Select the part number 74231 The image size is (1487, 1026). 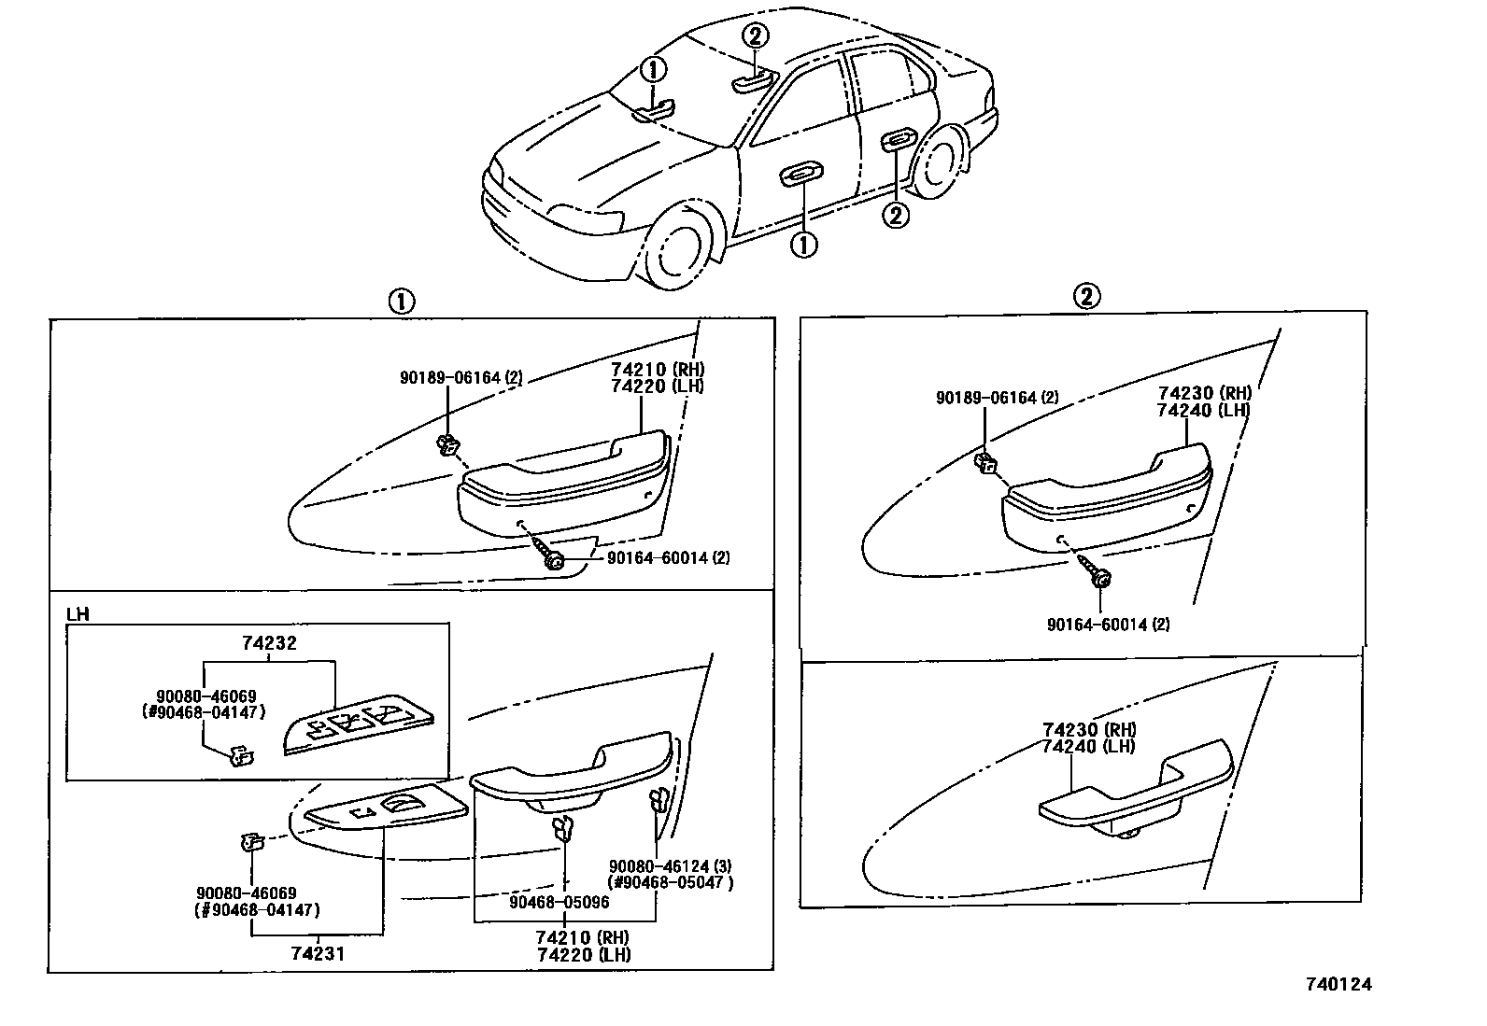point(319,953)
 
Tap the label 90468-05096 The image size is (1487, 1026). point(559,902)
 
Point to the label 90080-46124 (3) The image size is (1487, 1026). point(665,866)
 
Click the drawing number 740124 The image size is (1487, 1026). point(1338,983)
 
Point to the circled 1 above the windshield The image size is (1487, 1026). point(654,68)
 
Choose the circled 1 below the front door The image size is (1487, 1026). point(803,245)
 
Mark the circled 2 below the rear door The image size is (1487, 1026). point(895,216)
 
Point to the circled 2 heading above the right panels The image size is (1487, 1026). point(1084,297)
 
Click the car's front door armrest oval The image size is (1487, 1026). point(801,173)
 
